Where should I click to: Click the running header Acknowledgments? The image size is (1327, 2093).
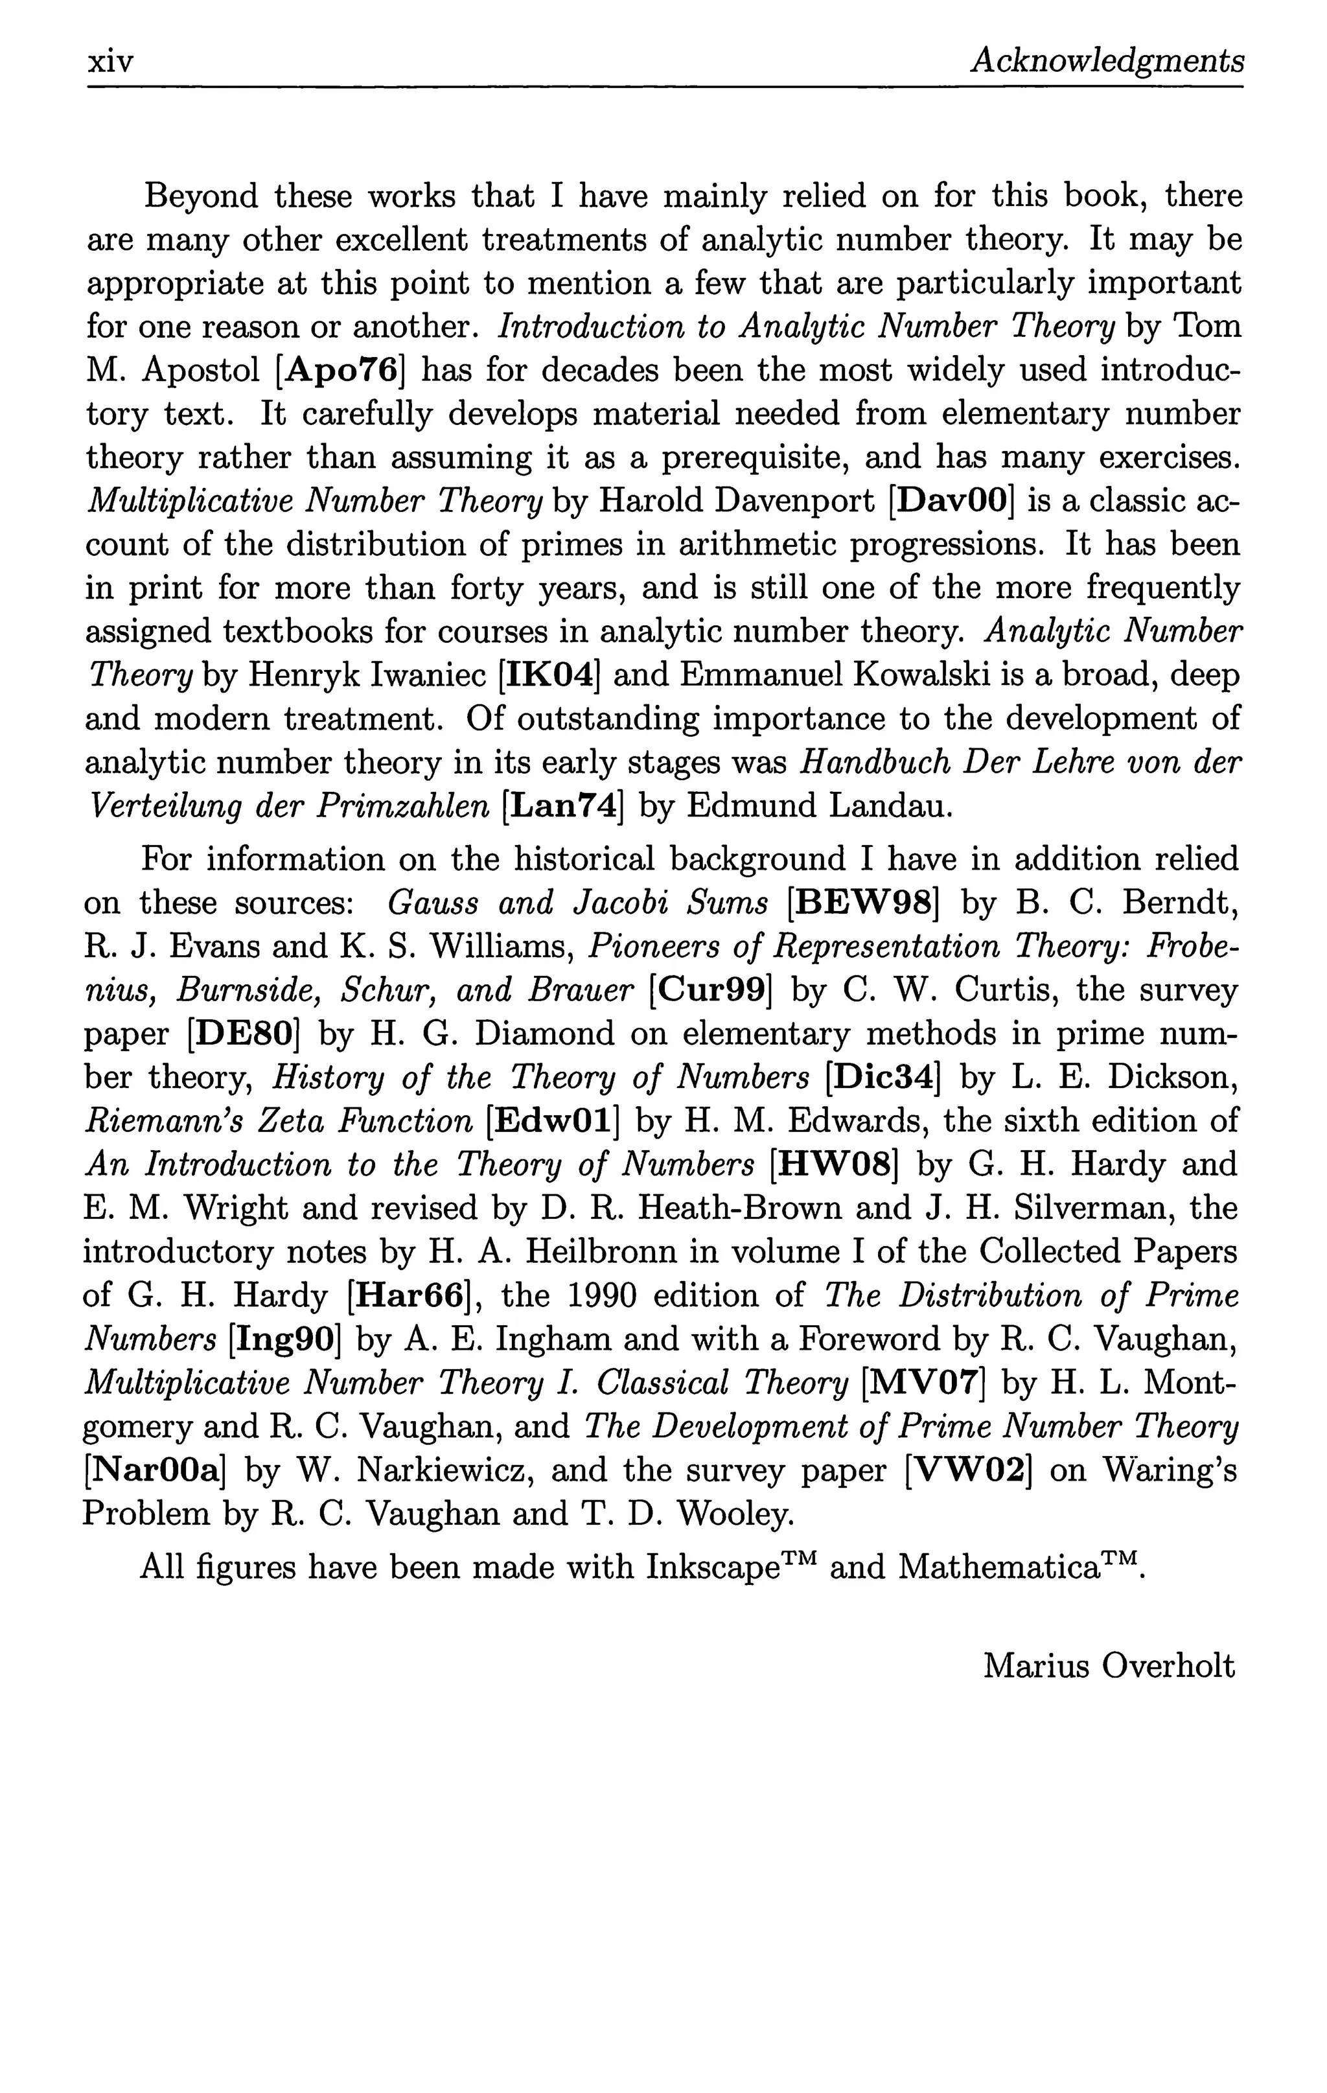pyautogui.click(x=1106, y=62)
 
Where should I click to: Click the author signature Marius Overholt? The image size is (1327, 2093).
pyautogui.click(x=1108, y=1666)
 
